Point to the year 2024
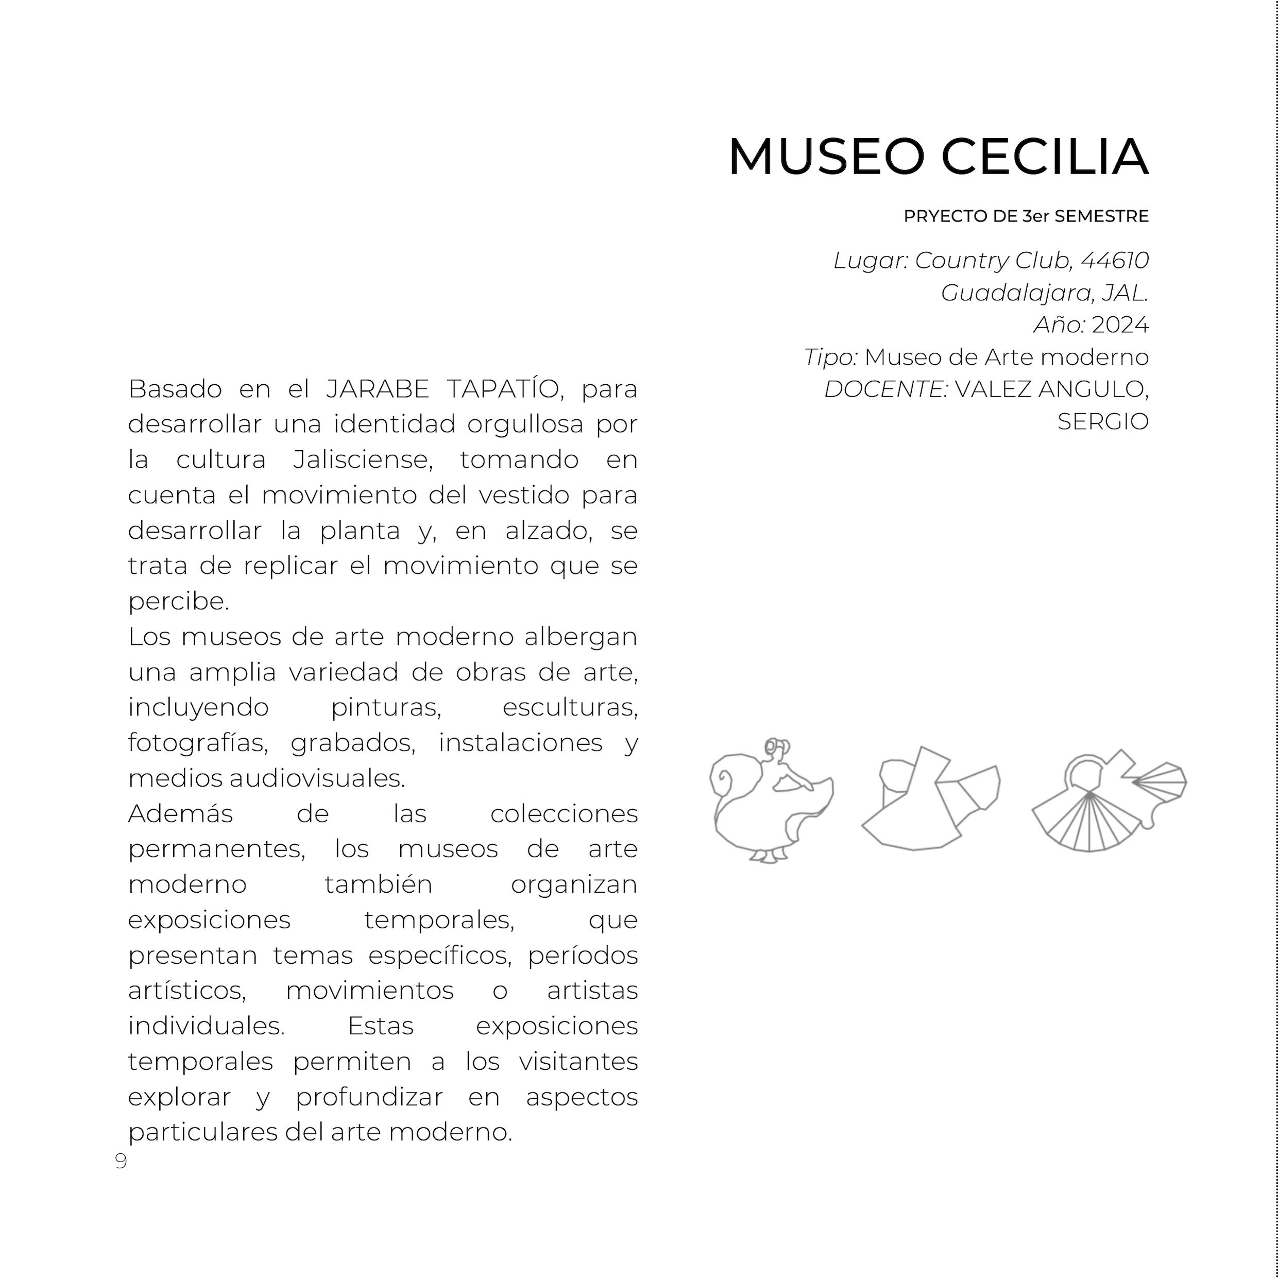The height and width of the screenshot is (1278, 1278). click(1120, 325)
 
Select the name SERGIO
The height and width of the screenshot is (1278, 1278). click(1103, 421)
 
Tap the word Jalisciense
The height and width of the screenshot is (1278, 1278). click(363, 459)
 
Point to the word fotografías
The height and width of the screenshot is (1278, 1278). click(198, 743)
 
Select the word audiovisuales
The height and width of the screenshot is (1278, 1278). click(317, 778)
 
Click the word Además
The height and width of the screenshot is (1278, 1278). click(181, 814)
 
